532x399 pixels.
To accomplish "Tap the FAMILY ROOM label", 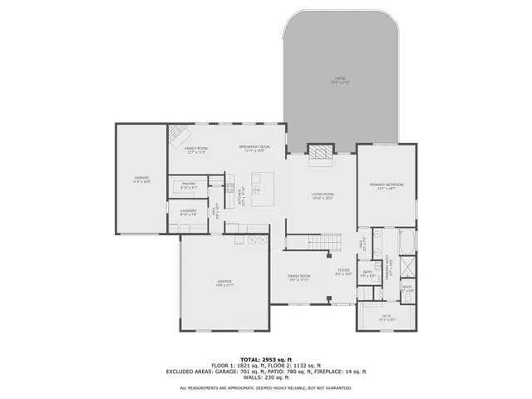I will coord(196,148).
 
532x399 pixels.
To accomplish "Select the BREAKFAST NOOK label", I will coord(254,148).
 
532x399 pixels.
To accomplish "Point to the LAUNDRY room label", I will coord(189,211).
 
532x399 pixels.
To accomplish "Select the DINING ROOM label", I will coord(298,276).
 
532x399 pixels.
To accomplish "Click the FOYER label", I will coord(343,270).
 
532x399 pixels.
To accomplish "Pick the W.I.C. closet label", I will coord(387,315).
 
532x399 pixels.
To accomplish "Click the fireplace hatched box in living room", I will coord(320,150).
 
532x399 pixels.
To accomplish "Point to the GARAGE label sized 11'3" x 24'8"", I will coord(142,179).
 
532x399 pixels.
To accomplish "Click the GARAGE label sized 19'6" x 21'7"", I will coord(224,282).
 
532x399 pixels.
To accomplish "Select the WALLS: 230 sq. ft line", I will coord(266,378).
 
